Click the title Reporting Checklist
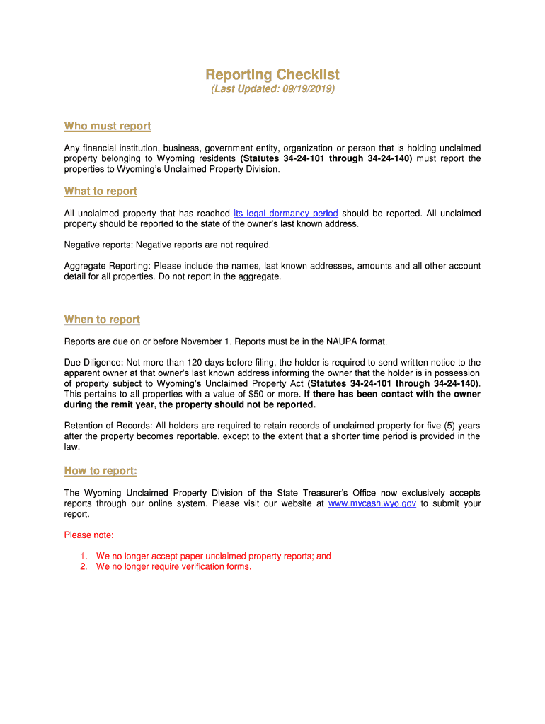tap(272, 74)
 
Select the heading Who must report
tap(108, 126)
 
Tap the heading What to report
tap(101, 191)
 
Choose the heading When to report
tap(102, 320)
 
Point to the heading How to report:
tap(101, 471)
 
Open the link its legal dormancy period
tap(285, 214)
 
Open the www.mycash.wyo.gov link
tap(372, 503)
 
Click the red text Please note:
tap(88, 535)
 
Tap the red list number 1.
tap(83, 556)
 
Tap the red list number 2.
tap(83, 567)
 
